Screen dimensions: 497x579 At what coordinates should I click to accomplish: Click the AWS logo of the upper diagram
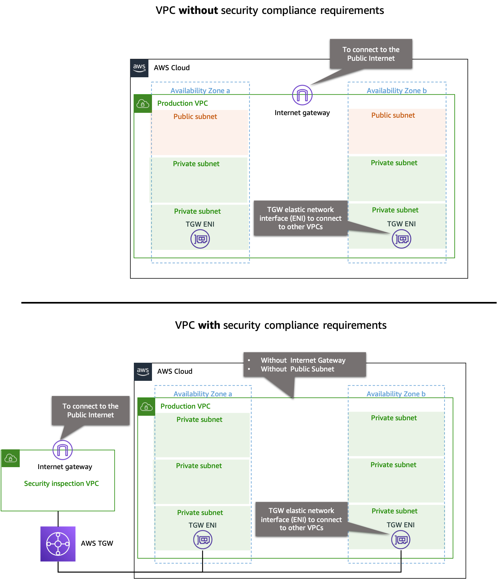[139, 68]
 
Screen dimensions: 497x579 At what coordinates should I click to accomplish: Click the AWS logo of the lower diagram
[143, 371]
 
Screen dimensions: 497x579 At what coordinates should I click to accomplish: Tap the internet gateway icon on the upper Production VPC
[302, 95]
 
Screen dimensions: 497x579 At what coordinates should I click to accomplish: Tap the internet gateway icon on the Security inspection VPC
[62, 450]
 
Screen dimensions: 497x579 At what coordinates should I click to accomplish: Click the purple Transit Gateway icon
[58, 544]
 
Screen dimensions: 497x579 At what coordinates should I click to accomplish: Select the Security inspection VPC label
[61, 483]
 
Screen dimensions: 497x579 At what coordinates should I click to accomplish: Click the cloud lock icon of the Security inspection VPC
[10, 458]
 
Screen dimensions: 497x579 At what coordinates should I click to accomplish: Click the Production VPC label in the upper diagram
[182, 103]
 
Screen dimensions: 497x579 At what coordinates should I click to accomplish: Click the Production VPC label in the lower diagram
[185, 406]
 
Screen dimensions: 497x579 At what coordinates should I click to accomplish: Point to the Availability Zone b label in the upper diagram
[396, 91]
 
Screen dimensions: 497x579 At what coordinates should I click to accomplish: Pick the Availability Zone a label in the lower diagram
[202, 394]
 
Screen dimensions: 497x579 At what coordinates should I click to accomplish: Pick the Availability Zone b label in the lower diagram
[396, 394]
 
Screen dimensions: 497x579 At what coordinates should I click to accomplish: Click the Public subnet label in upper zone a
[195, 116]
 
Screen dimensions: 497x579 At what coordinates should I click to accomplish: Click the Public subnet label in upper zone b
[393, 115]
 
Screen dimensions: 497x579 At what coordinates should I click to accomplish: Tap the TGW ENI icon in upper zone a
[200, 239]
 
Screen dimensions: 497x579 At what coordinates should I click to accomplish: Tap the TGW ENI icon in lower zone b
[401, 540]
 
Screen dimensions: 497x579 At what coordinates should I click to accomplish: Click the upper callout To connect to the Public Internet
[371, 54]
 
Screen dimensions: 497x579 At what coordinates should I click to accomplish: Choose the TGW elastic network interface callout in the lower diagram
[301, 519]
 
